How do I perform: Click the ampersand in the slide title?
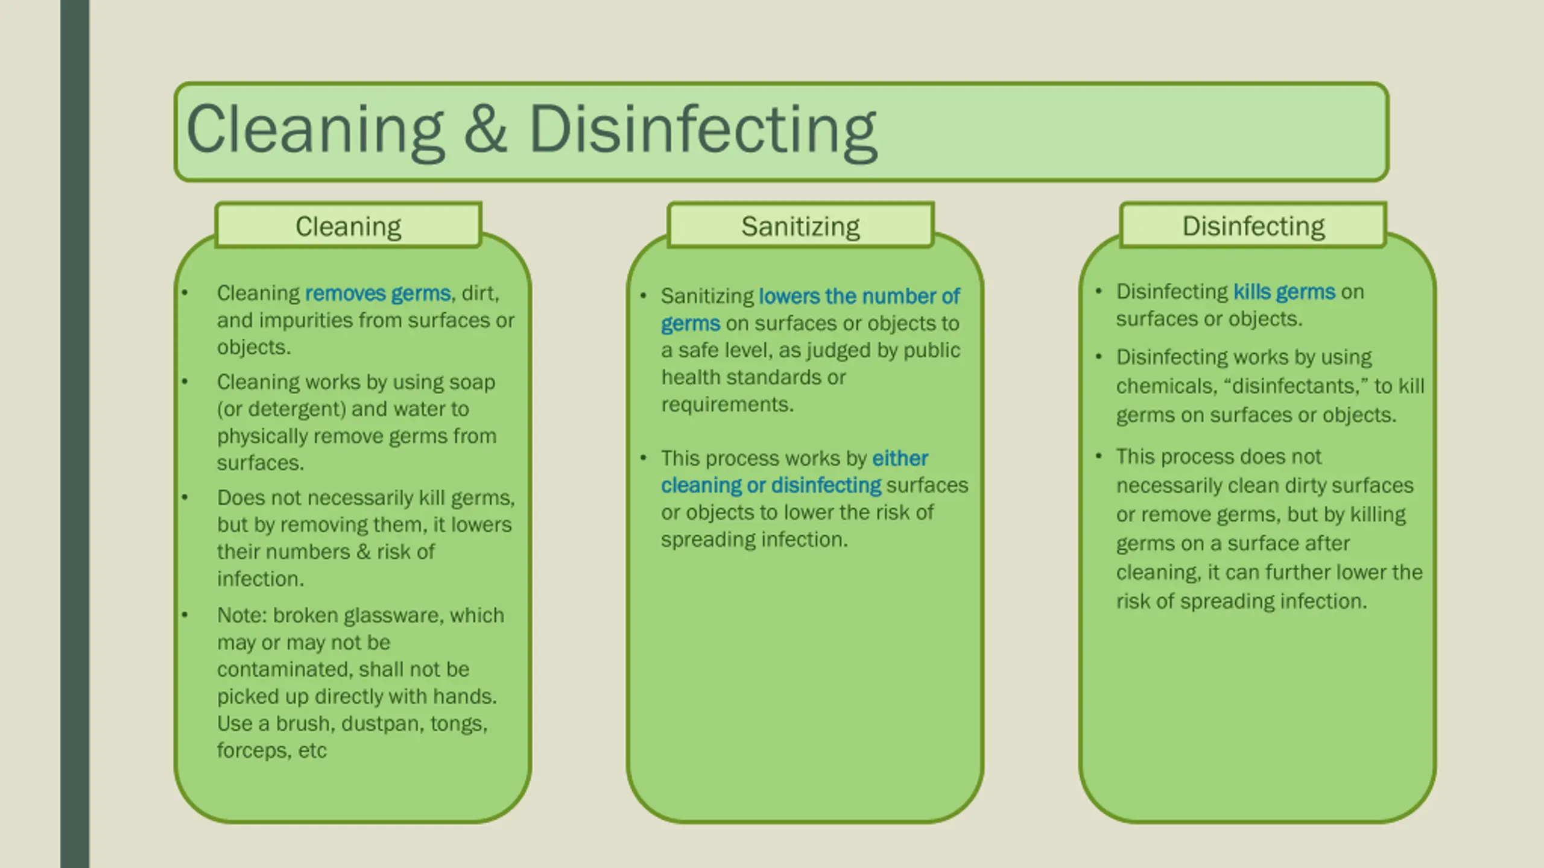(x=485, y=129)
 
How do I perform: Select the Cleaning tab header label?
(x=348, y=227)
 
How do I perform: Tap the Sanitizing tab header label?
(x=800, y=227)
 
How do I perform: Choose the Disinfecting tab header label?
(x=1253, y=227)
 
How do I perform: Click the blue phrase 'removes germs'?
(x=378, y=294)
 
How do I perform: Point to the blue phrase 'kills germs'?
(x=1284, y=292)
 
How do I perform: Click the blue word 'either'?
(x=900, y=459)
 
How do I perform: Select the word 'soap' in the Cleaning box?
(x=474, y=382)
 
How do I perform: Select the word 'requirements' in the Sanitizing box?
(x=726, y=404)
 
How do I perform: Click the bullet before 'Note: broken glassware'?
(x=185, y=615)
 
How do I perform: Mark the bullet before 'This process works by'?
(x=644, y=458)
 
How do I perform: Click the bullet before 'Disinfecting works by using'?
(x=1098, y=357)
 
